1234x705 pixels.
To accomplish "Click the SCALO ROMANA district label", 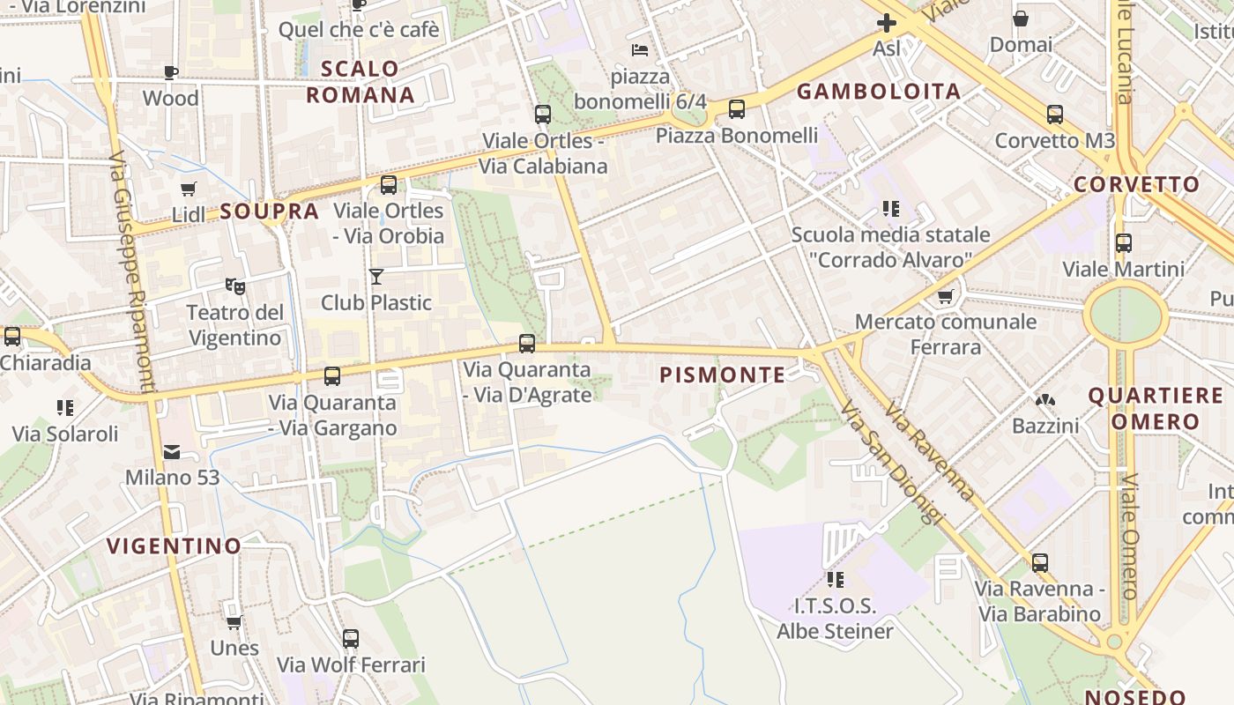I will click(360, 81).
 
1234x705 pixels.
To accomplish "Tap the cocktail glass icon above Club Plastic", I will click(376, 277).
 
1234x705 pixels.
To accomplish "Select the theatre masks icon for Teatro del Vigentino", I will click(234, 286).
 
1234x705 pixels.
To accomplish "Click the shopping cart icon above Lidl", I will click(188, 189).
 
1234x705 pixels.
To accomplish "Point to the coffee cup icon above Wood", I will click(171, 72).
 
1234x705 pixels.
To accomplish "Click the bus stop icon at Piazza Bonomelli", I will click(737, 109).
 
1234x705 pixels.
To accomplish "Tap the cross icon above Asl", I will click(887, 23).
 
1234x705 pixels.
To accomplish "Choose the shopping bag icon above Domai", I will click(1021, 19).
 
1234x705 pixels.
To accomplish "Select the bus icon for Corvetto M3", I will click(1055, 114).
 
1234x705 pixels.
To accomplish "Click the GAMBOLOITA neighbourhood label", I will click(878, 92).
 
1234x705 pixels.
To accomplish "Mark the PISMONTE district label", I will click(722, 375).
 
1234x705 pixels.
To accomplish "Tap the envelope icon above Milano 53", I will click(172, 451).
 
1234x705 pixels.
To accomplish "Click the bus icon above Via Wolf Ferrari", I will click(351, 638).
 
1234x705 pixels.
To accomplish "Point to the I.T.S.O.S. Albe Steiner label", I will click(835, 619).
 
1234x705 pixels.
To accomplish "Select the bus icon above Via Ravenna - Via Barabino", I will click(1040, 562).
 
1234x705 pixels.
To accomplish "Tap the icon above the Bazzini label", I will click(1045, 400).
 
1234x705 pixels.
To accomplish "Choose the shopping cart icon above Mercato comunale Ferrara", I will click(946, 296).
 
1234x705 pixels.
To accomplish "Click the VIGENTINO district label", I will click(174, 546).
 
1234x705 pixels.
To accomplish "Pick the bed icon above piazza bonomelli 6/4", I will click(640, 50).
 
